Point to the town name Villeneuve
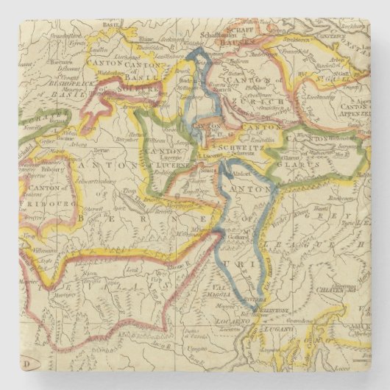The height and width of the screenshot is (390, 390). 52,260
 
